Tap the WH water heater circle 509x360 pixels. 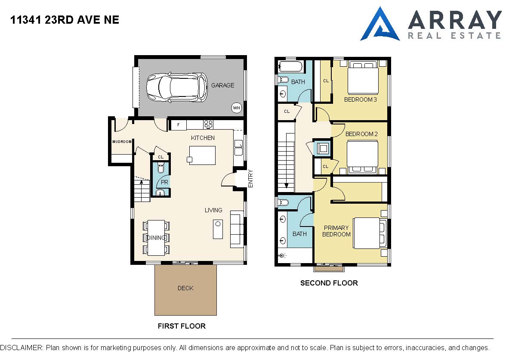237,108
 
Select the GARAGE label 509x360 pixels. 223,85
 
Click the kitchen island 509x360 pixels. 202,155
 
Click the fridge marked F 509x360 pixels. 178,125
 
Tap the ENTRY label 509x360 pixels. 250,178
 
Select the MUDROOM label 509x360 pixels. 122,142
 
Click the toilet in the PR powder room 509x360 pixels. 160,168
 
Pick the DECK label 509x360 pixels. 185,288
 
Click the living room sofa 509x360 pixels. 237,229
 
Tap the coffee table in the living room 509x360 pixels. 218,229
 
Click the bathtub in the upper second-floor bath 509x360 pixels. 291,67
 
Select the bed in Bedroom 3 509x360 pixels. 363,78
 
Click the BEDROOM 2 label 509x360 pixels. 361,134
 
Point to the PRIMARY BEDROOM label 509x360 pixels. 336,231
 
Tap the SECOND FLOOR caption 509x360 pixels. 329,283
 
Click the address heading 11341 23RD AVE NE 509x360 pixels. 65,20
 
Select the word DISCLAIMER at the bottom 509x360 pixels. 22,348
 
